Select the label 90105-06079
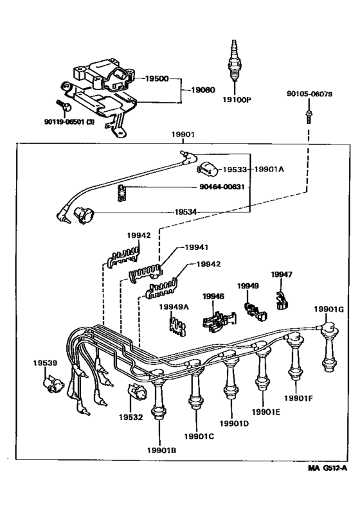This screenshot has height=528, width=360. tap(309, 94)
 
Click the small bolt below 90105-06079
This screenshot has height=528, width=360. tap(309, 116)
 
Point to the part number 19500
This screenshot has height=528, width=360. tap(156, 79)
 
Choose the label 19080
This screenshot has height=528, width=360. tap(203, 91)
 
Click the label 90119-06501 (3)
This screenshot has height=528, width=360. tap(72, 120)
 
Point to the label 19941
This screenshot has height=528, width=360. tap(197, 247)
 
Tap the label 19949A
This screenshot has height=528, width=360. tap(174, 307)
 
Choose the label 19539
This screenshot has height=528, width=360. tap(44, 363)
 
